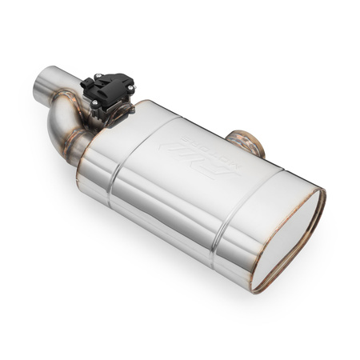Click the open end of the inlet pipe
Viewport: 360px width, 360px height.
pos(40,87)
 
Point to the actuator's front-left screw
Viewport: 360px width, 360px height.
pos(86,83)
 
